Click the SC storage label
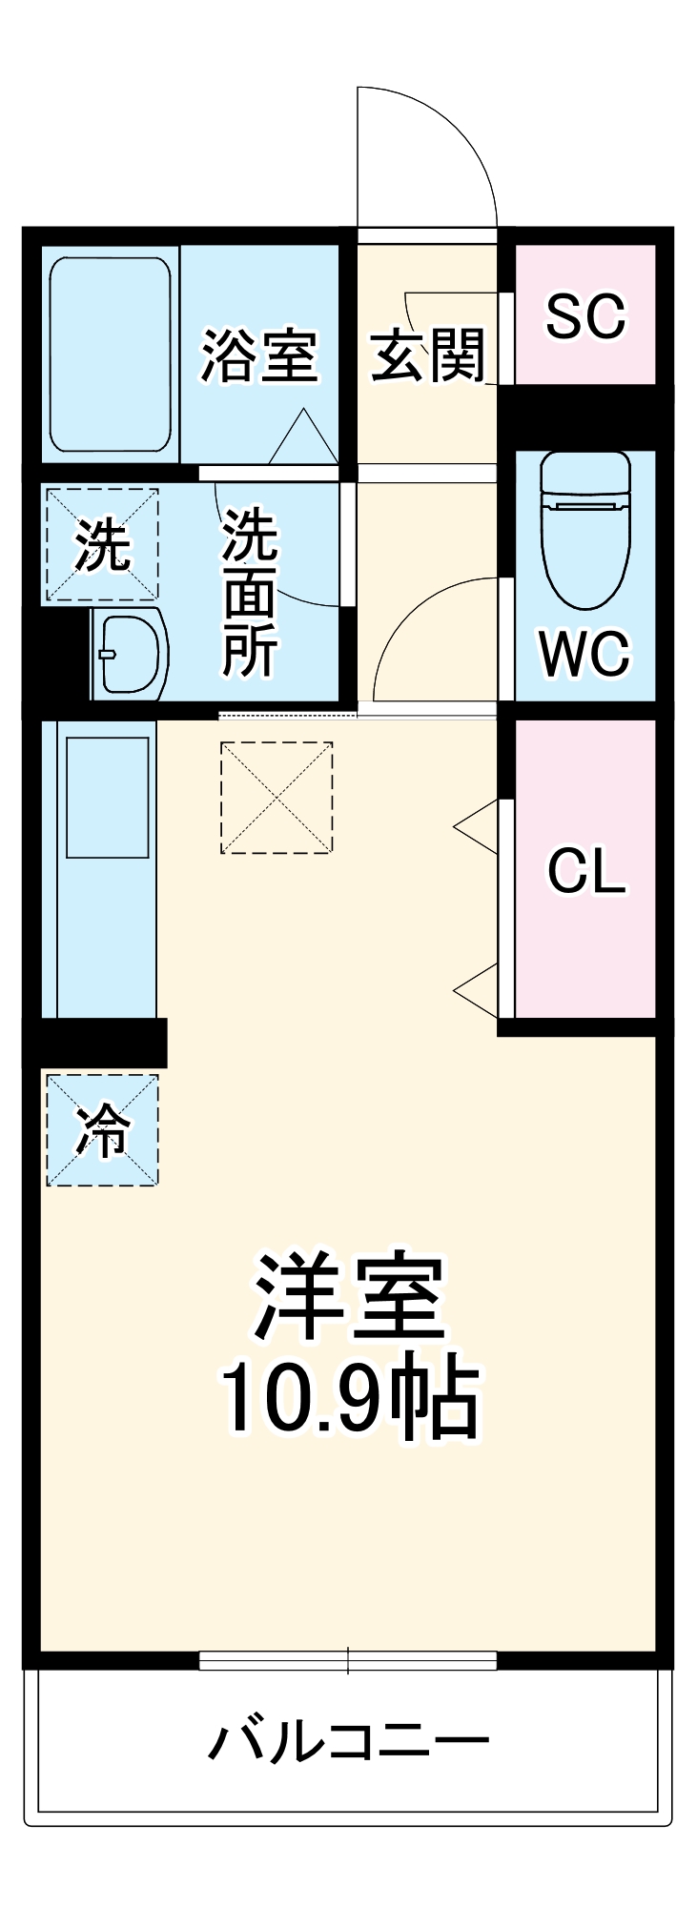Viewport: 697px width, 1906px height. [585, 315]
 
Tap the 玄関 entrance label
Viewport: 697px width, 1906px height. [427, 355]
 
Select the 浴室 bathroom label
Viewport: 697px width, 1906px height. [258, 355]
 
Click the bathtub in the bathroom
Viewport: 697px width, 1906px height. [111, 354]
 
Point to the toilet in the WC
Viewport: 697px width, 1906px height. [584, 527]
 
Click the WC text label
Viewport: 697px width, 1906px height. [584, 654]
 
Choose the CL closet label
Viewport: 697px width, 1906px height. [585, 870]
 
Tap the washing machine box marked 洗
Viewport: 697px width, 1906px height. [102, 545]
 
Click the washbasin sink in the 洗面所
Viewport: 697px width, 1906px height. [130, 654]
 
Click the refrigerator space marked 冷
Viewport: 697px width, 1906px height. [102, 1130]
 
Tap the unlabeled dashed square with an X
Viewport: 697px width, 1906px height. [277, 798]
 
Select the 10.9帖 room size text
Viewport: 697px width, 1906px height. [349, 1396]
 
